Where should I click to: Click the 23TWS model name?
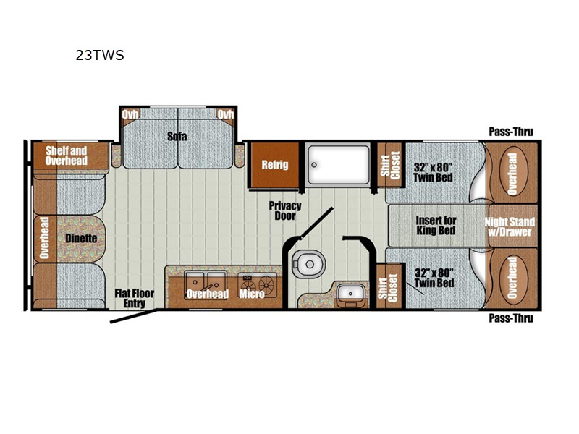click(x=100, y=55)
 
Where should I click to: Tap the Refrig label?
click(x=275, y=165)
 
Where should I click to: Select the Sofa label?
click(x=177, y=136)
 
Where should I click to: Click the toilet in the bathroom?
click(x=308, y=263)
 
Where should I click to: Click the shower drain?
click(x=314, y=165)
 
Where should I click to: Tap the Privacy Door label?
click(x=285, y=210)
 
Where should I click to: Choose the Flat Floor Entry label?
click(x=135, y=298)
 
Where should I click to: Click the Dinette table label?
click(x=81, y=239)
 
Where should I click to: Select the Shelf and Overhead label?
click(x=67, y=156)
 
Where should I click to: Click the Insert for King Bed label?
click(x=436, y=226)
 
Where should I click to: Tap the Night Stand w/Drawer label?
click(x=510, y=226)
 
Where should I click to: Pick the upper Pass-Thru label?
click(x=511, y=132)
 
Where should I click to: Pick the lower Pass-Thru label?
click(x=511, y=318)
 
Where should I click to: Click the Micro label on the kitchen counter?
click(x=252, y=294)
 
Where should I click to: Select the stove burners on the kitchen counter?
click(x=258, y=284)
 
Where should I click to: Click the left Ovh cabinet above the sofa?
click(x=130, y=114)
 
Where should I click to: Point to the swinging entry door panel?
click(x=134, y=317)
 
